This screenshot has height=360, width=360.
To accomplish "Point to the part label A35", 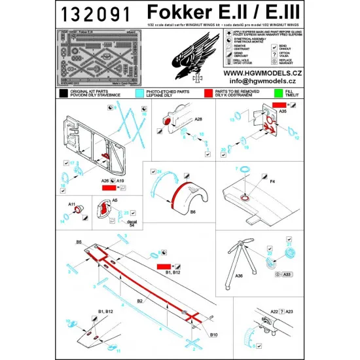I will click(282, 111).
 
